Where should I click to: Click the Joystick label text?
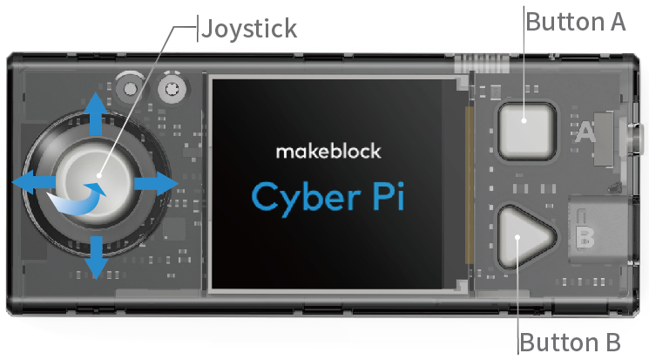[249, 29]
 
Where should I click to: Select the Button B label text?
[570, 342]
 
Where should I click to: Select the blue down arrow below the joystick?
[96, 255]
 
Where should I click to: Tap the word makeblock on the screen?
[328, 151]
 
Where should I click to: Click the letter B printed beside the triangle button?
[585, 235]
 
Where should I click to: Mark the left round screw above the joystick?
[131, 86]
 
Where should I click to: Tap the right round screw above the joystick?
[171, 86]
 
